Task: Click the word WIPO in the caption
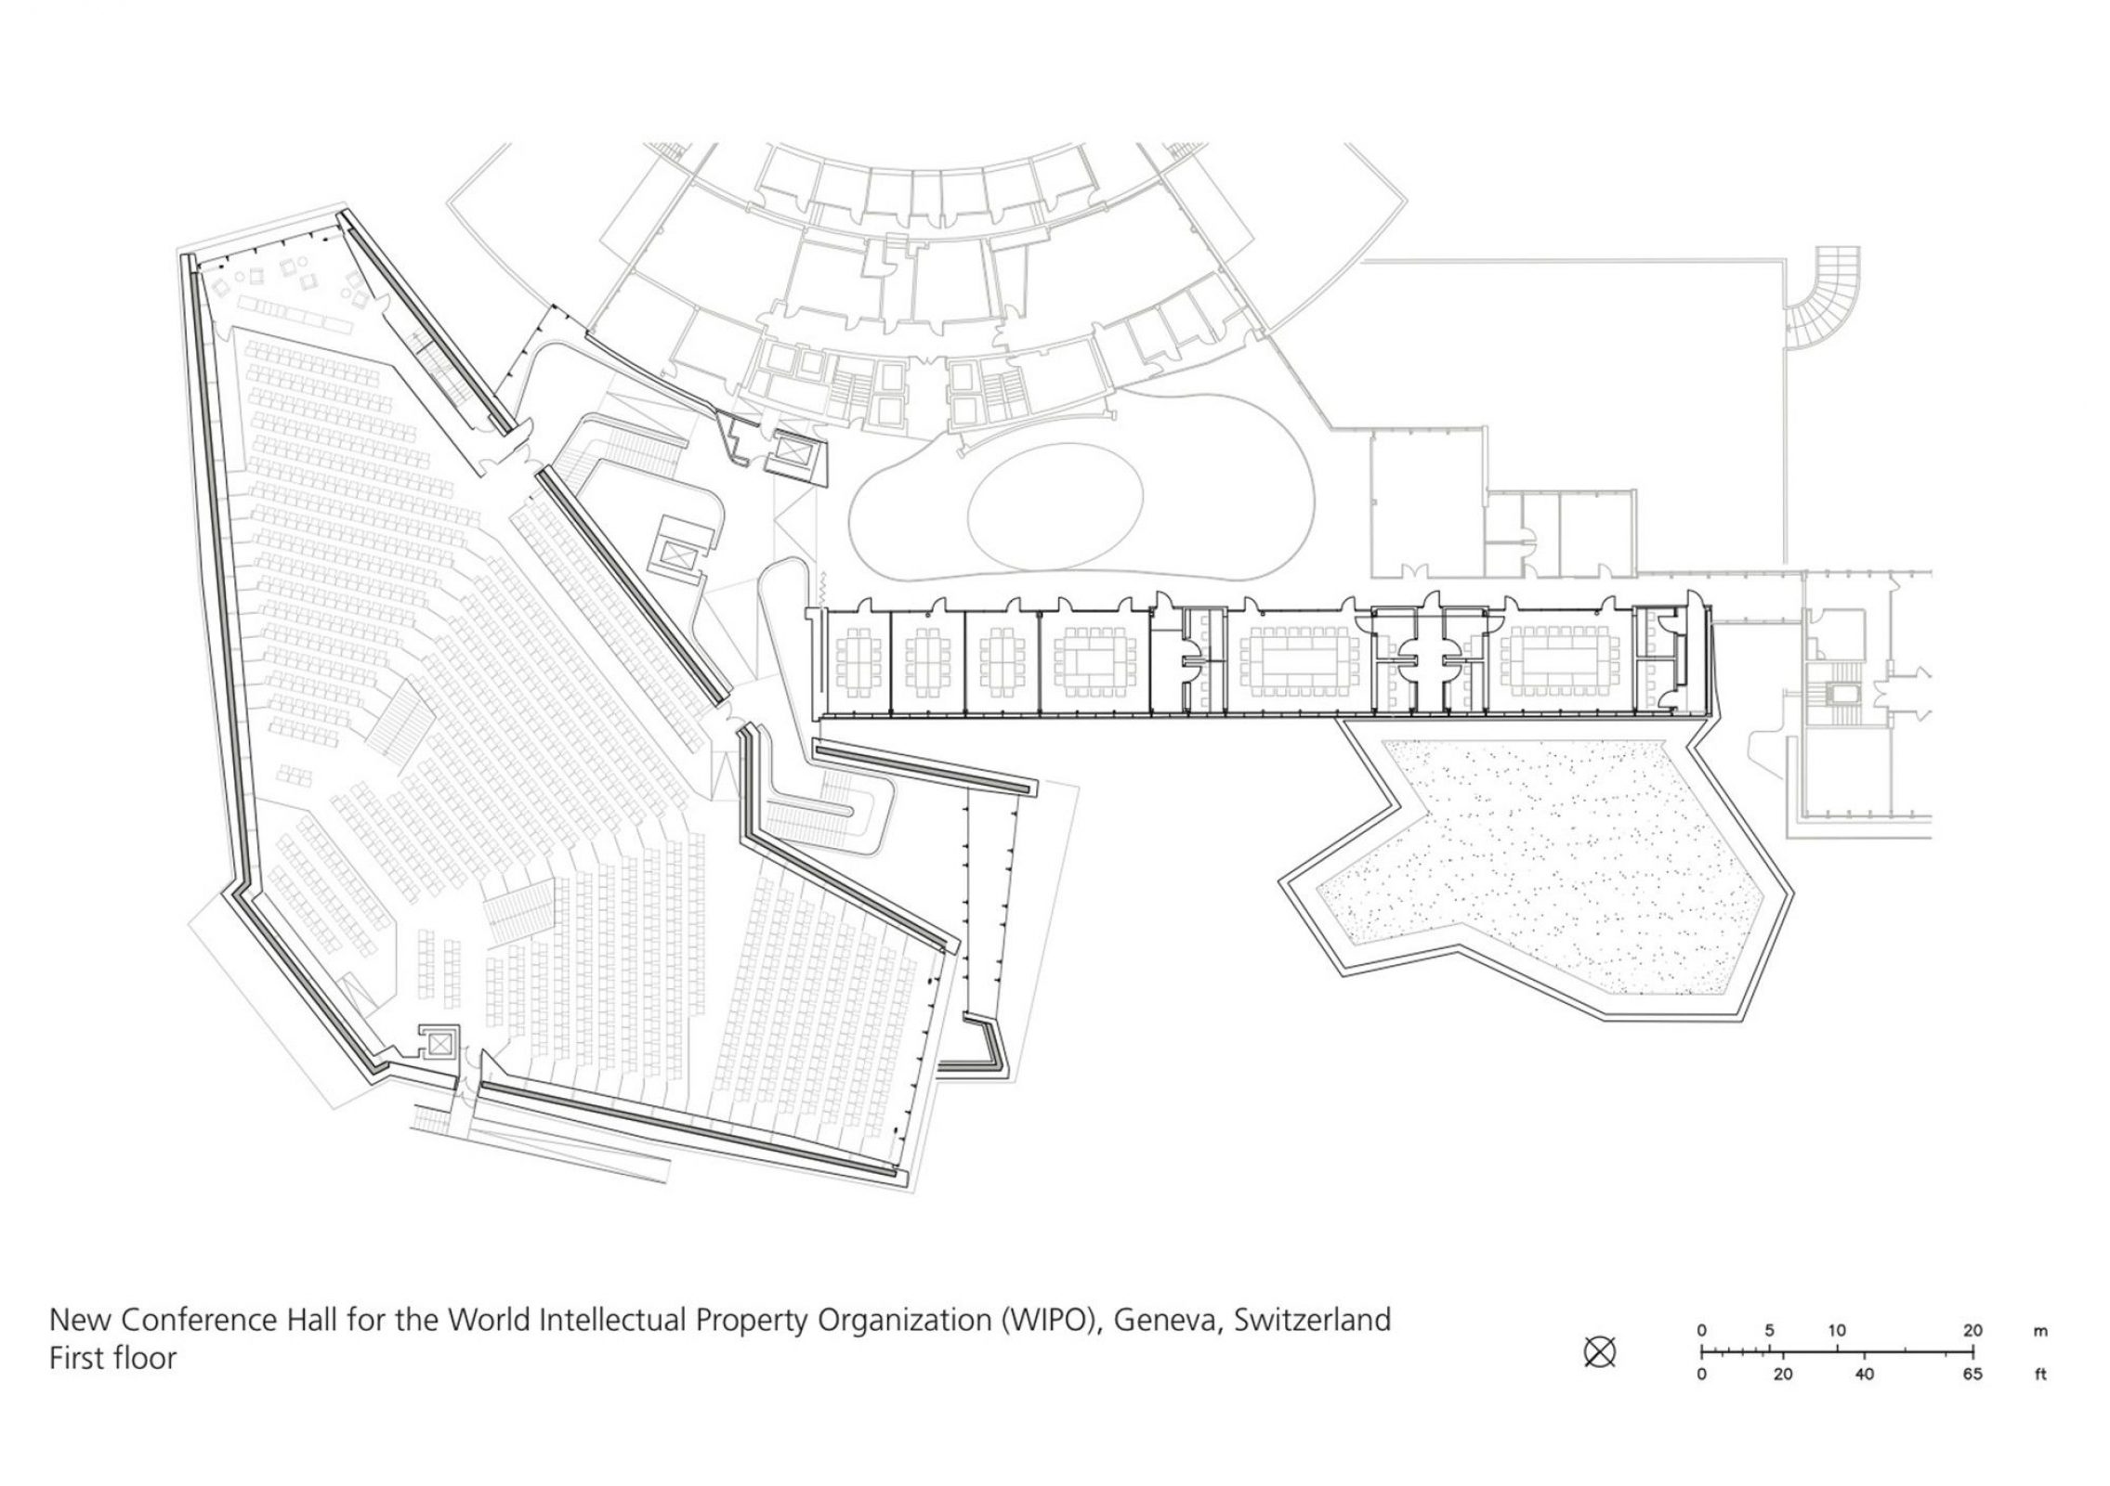1049,1320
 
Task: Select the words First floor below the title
112,1358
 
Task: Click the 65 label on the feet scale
1972,1375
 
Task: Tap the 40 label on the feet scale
1864,1375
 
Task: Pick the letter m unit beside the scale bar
2040,1331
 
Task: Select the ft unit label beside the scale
2040,1375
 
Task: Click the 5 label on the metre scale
1769,1330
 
